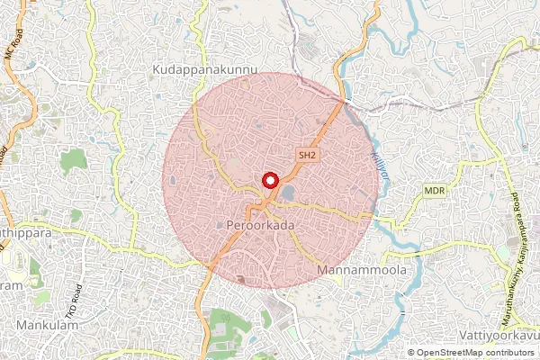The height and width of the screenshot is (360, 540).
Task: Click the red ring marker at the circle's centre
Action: (269, 180)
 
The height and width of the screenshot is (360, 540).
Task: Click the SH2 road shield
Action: (308, 156)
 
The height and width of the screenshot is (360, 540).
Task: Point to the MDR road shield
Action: (436, 191)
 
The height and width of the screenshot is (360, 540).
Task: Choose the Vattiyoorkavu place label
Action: (495, 334)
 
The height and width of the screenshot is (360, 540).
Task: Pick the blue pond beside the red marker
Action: (287, 193)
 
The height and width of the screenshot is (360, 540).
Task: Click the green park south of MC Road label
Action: (74, 161)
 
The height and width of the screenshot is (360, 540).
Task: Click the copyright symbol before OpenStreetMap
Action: (410, 352)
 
